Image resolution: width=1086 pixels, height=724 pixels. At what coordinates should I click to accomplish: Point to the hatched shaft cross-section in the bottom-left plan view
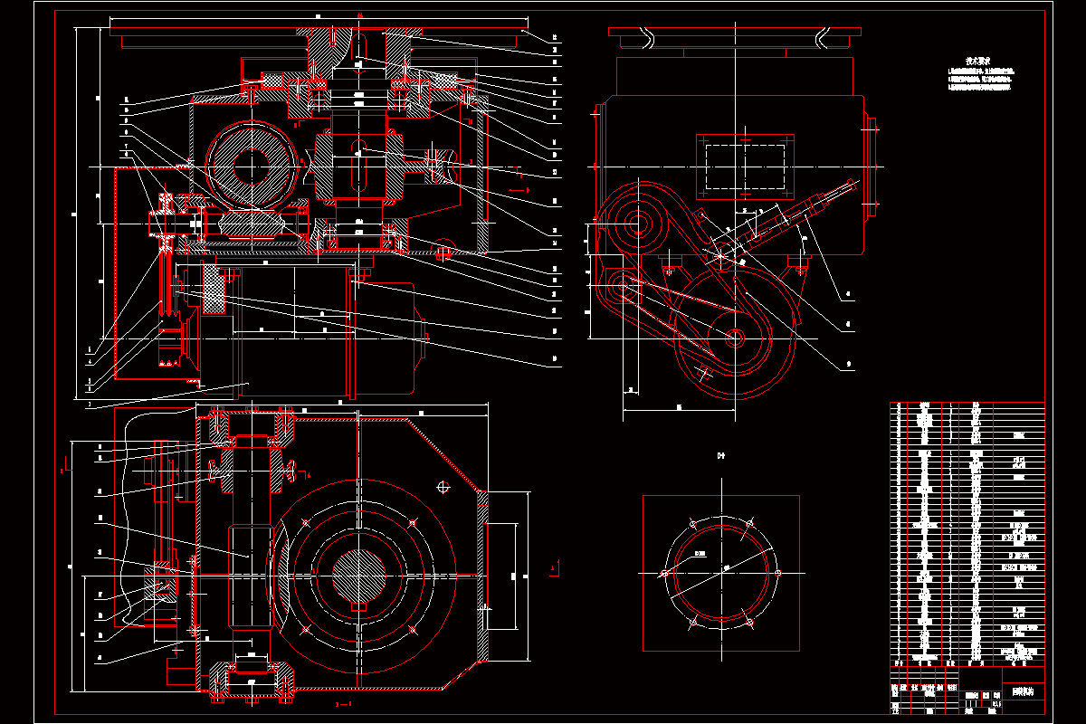[x=359, y=573]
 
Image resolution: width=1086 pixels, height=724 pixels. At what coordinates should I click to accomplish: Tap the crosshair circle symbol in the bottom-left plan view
[x=443, y=487]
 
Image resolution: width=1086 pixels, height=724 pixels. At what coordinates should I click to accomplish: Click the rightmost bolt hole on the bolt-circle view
[x=778, y=573]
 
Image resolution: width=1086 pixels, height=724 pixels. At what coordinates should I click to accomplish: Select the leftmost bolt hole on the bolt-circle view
[x=663, y=573]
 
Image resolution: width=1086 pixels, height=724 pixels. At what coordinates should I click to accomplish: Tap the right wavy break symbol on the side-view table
[x=822, y=36]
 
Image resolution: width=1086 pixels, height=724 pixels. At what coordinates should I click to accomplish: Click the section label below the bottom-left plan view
[x=343, y=703]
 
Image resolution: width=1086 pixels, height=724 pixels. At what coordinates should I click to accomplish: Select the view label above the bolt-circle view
[x=721, y=455]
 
